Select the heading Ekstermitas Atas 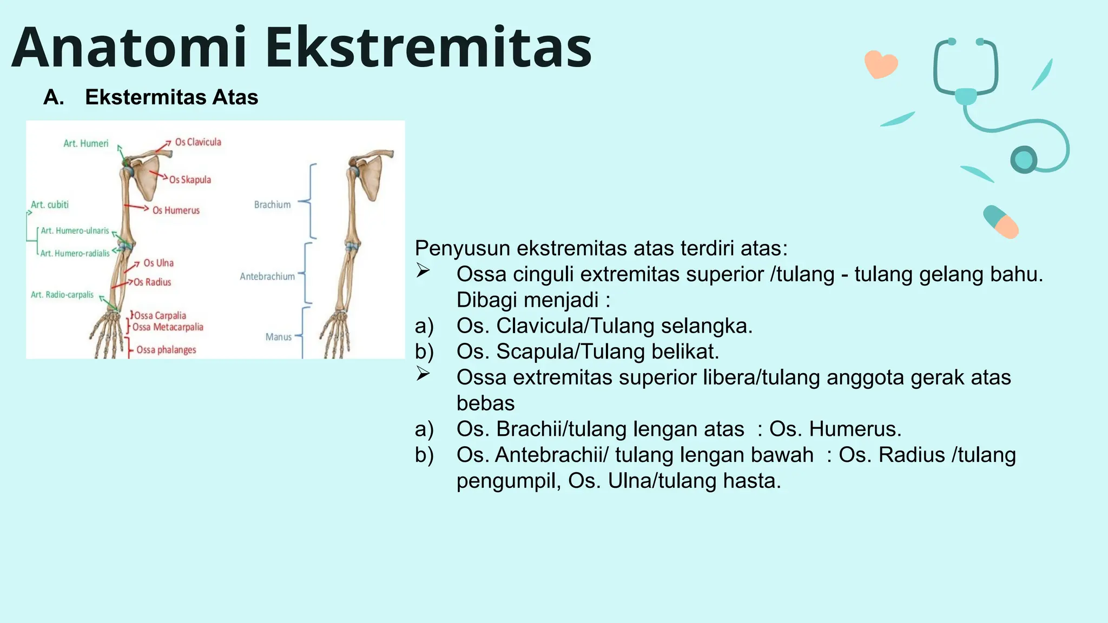tap(171, 97)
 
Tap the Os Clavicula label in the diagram tap(198, 142)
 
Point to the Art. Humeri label tap(85, 143)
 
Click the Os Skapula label tap(190, 180)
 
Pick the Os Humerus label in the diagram tap(176, 210)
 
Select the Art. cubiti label tap(50, 204)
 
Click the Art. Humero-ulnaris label tap(75, 230)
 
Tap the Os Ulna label tap(159, 263)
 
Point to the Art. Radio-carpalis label tap(62, 295)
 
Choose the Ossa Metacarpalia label tap(168, 327)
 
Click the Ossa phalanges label tap(166, 350)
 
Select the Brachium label tap(272, 204)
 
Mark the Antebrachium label tap(267, 276)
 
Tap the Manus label tap(278, 337)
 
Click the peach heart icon tap(881, 64)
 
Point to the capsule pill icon tap(1001, 222)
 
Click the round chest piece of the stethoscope tap(1024, 160)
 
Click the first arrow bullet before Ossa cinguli tap(423, 270)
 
